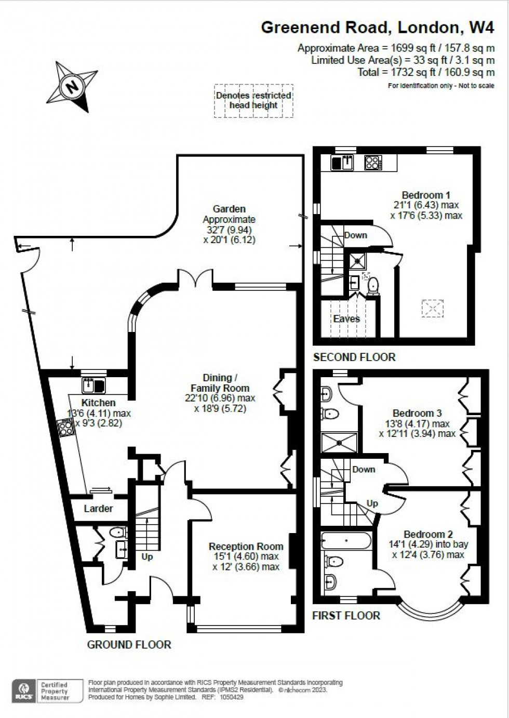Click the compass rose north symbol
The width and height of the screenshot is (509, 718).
click(x=72, y=86)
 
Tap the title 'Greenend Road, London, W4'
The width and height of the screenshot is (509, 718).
click(x=378, y=27)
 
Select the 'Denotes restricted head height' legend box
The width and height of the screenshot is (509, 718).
click(x=253, y=101)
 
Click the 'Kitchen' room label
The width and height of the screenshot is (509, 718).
click(x=98, y=403)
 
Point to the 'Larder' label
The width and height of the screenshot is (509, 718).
click(x=98, y=509)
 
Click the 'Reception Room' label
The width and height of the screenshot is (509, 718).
click(x=246, y=547)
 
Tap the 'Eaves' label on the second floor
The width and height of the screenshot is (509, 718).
click(x=346, y=318)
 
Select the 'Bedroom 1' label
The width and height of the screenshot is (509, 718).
click(x=426, y=195)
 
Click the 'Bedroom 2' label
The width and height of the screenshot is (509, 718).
click(x=428, y=534)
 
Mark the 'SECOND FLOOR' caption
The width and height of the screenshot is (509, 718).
click(x=354, y=357)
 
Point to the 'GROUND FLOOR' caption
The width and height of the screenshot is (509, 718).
click(x=129, y=645)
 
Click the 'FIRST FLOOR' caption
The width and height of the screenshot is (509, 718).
click(x=346, y=616)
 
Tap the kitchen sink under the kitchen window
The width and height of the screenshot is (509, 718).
click(x=93, y=385)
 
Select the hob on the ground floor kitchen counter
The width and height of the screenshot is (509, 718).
click(x=66, y=428)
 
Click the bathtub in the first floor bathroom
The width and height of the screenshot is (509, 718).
click(x=346, y=541)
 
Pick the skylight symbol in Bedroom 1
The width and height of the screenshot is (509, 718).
click(x=432, y=308)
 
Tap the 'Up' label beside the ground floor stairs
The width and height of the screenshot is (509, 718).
click(x=147, y=556)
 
